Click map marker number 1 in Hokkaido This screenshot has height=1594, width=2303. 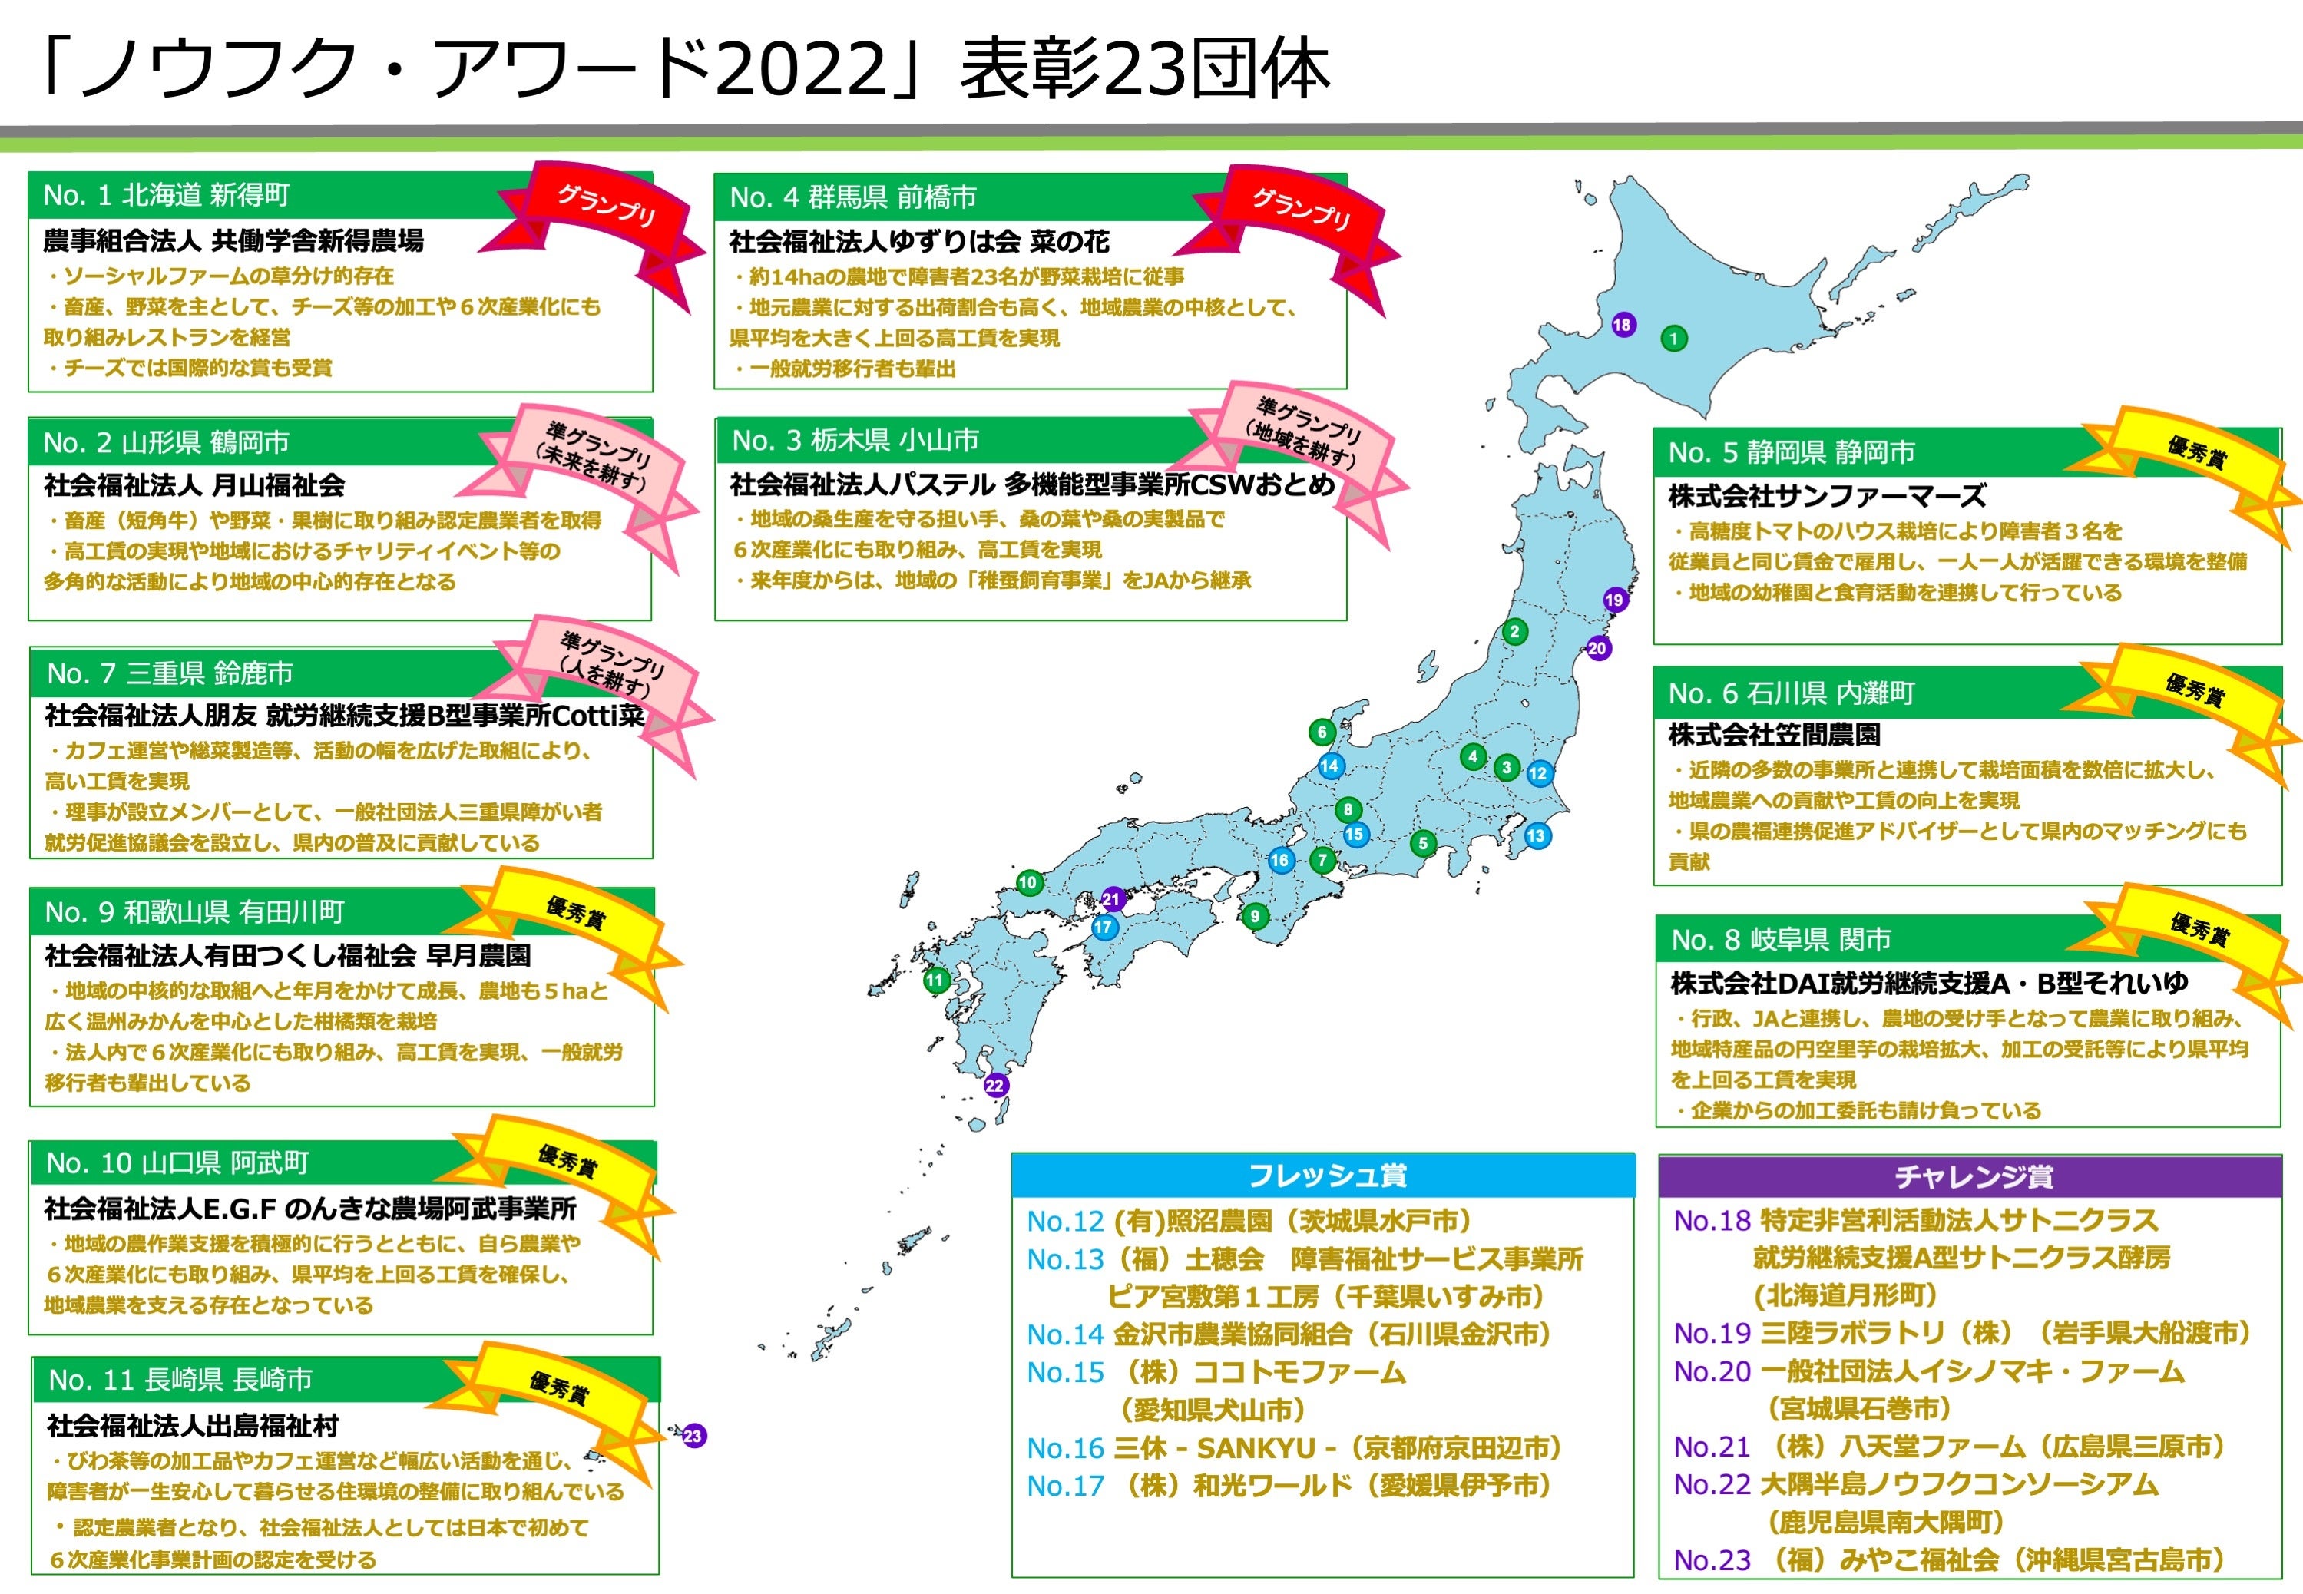tap(1674, 339)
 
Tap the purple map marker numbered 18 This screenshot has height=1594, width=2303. tap(1623, 325)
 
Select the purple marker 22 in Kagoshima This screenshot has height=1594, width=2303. tap(994, 1086)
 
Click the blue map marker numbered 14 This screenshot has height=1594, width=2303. tap(1329, 766)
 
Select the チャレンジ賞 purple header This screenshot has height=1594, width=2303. tap(1973, 1176)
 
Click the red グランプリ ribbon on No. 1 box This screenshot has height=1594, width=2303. tap(606, 209)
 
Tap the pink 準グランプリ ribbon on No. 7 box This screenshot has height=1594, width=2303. tap(611, 664)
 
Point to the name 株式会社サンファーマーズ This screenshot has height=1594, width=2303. tap(1827, 495)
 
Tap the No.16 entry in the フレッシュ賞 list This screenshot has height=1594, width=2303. tap(1293, 1448)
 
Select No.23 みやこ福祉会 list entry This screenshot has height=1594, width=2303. tap(1947, 1560)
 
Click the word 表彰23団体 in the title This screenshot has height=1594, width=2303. tap(1144, 70)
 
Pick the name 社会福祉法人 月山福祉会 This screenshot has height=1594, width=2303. tap(195, 485)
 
